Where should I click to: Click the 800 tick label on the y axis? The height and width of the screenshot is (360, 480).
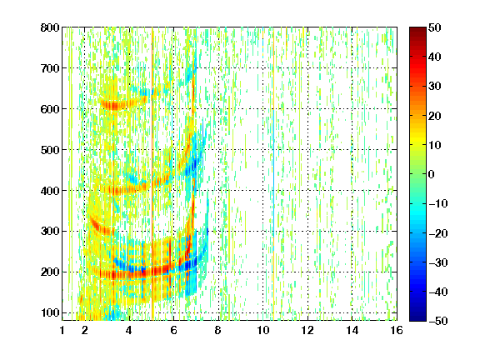click(50, 27)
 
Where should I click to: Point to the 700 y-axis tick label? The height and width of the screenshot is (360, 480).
click(50, 68)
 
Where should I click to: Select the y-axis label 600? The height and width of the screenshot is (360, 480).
click(50, 109)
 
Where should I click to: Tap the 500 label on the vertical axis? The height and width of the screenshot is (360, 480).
click(50, 150)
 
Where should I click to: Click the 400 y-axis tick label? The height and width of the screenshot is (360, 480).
click(50, 191)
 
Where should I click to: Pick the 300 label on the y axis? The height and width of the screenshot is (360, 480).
click(50, 231)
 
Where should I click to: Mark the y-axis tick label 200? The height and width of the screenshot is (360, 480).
click(50, 272)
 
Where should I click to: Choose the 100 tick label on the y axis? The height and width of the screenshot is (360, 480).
click(50, 312)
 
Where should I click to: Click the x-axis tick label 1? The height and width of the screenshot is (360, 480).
click(62, 330)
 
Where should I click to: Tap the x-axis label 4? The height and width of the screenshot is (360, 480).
click(129, 330)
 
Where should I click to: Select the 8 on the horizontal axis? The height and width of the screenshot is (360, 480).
click(218, 330)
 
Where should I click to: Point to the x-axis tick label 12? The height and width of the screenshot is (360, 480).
click(307, 330)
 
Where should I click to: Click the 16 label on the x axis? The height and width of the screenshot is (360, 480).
click(397, 330)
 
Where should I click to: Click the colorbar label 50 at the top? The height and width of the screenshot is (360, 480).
click(435, 27)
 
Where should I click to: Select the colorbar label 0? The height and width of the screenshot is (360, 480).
click(432, 174)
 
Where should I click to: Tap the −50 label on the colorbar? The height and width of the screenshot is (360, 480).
click(438, 321)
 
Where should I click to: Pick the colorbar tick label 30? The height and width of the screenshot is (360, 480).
click(435, 86)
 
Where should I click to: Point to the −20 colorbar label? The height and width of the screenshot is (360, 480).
click(438, 233)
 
